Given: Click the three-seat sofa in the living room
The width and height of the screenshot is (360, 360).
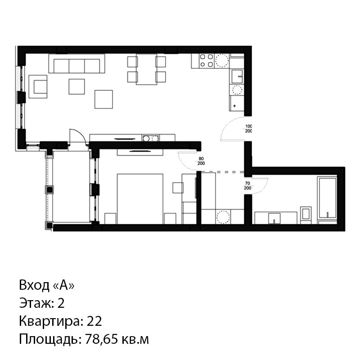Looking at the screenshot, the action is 76,63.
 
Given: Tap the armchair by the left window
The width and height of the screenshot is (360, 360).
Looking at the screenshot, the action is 38,86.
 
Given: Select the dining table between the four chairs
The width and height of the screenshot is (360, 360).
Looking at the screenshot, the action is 147,69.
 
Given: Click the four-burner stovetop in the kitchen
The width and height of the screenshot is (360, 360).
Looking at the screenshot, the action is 206,61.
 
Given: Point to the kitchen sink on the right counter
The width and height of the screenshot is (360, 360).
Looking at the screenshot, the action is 237,76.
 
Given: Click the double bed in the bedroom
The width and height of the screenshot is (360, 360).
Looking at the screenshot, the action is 140,199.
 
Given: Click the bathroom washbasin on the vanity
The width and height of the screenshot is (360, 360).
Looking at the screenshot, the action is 274,218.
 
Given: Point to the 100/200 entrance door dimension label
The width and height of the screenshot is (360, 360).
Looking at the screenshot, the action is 249,129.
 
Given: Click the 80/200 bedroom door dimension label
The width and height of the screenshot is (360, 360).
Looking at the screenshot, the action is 201,161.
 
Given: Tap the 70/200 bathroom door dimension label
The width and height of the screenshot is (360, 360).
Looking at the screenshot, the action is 247,186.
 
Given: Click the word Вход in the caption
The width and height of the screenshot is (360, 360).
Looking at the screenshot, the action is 34,285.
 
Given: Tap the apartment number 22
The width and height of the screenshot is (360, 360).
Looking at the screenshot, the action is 94,321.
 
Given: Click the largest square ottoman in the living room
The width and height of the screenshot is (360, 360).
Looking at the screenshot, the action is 104,99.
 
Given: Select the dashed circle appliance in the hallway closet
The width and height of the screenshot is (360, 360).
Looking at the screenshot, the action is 223,217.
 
